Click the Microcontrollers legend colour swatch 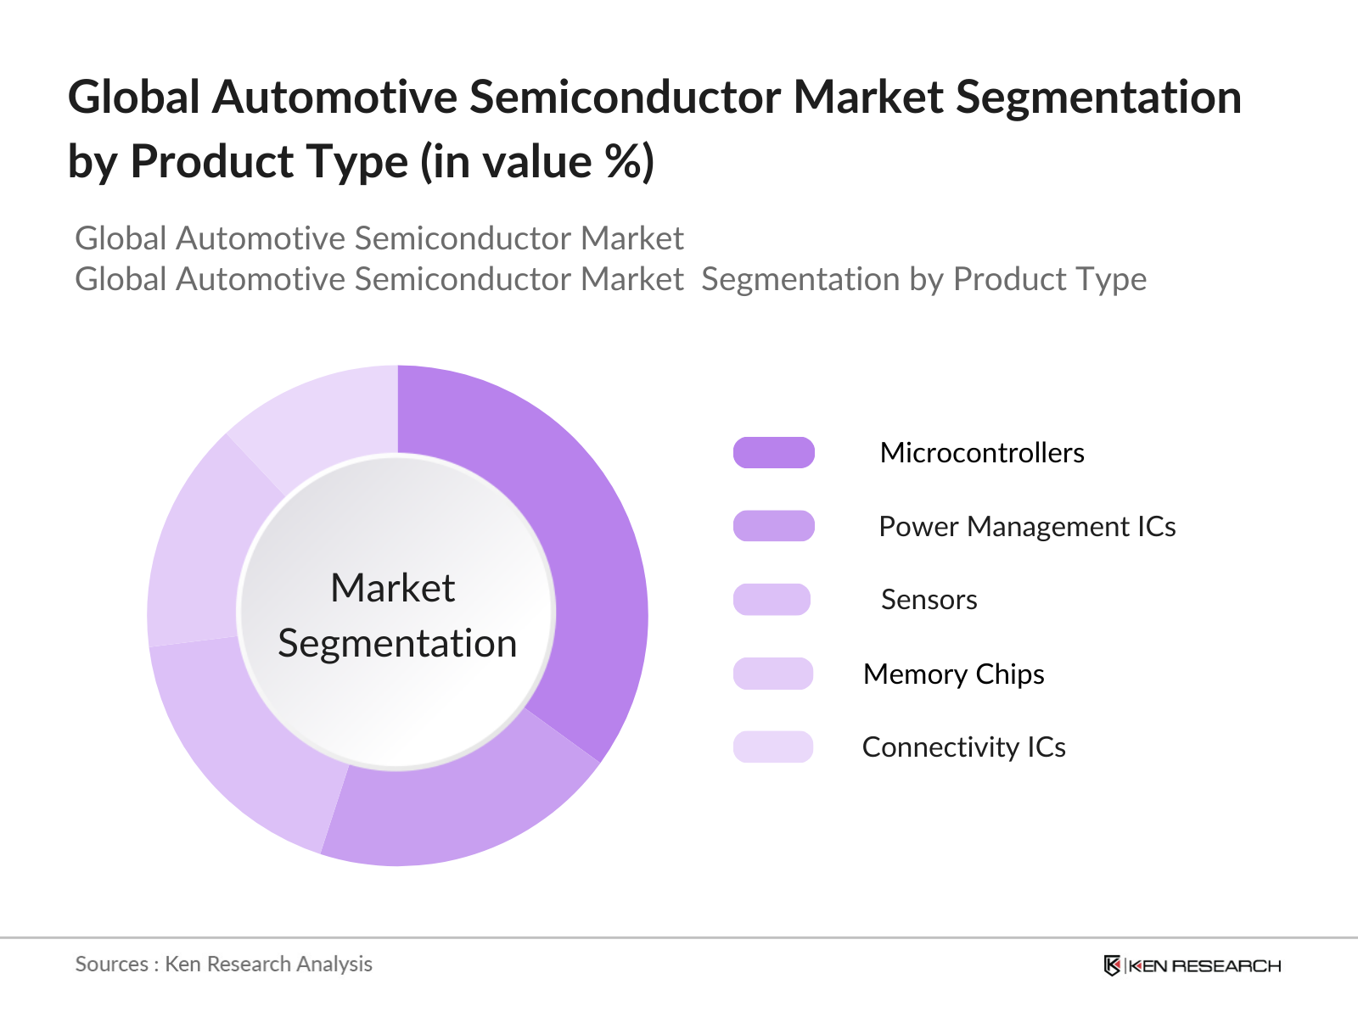click(773, 453)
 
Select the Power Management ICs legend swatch click(773, 526)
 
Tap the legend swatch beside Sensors click(772, 600)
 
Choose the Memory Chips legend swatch click(772, 674)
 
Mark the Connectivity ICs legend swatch click(772, 747)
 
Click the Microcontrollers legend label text click(982, 453)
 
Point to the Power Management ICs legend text click(1027, 527)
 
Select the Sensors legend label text click(929, 600)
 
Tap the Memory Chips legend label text click(953, 674)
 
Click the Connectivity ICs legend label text click(964, 747)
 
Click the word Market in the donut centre click(393, 588)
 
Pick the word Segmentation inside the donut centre click(397, 643)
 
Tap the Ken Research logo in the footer click(1192, 965)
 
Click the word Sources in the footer click(111, 965)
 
